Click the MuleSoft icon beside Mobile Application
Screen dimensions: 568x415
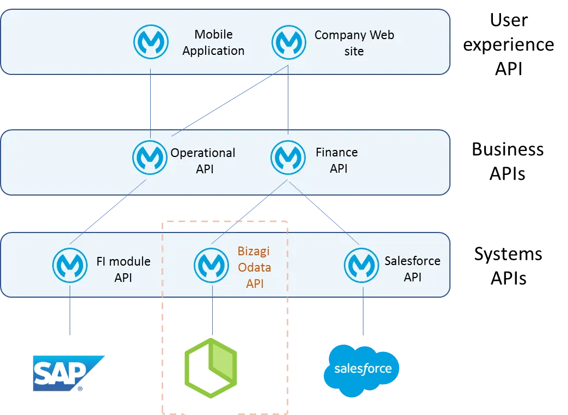[x=151, y=42]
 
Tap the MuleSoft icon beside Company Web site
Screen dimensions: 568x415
[x=289, y=42]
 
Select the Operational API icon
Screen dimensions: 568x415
[x=150, y=158]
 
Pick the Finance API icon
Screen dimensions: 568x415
[x=288, y=158]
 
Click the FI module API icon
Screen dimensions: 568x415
[x=70, y=265]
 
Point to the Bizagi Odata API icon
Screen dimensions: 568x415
[x=211, y=265]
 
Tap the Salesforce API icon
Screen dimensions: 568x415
[x=361, y=265]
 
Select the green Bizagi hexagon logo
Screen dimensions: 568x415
[x=211, y=368]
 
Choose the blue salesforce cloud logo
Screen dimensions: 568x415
[x=361, y=370]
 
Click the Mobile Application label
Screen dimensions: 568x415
[x=213, y=42]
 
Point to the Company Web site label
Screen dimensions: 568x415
[x=354, y=43]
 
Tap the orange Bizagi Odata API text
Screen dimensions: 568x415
[x=254, y=267]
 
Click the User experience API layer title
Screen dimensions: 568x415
[x=509, y=44]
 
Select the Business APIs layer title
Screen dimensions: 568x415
[x=508, y=161]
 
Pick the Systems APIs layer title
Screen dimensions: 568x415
[x=508, y=266]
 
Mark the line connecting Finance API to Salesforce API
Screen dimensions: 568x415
[x=324, y=212]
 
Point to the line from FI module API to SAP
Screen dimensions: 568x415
[x=70, y=310]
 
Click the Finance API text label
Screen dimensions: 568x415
[x=337, y=160]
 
